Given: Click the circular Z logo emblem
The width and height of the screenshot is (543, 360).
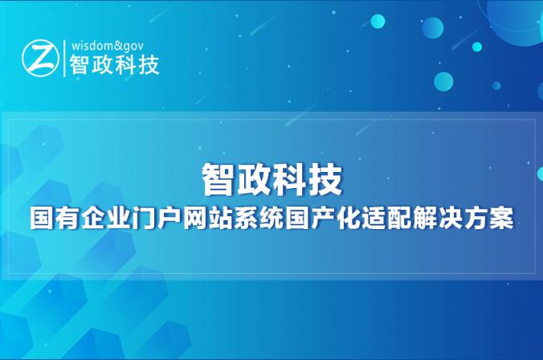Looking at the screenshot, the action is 40,58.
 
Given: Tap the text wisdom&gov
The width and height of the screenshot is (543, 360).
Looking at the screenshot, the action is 108,46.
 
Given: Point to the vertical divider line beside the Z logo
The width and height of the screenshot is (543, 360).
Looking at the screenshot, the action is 64,58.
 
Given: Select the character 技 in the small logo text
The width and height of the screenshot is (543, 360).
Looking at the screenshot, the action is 149,64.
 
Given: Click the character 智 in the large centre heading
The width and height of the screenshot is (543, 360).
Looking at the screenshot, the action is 218,179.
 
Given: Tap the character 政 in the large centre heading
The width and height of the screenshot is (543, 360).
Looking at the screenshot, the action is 255,179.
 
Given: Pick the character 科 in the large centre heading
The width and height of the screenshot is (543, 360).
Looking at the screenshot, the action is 290,179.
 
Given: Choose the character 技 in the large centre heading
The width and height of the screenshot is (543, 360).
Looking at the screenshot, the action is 325,179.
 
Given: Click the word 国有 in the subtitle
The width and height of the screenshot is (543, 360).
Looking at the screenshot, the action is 55,219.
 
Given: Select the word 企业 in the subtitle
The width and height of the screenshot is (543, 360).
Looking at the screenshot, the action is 105,219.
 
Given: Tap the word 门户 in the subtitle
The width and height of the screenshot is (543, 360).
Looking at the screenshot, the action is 156,219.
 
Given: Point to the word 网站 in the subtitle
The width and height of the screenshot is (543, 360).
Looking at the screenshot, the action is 207,219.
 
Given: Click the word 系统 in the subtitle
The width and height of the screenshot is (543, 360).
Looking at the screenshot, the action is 258,219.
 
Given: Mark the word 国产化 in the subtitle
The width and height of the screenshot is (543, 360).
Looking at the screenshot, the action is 322,219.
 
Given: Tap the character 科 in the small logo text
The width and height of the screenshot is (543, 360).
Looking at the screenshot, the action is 125,64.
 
